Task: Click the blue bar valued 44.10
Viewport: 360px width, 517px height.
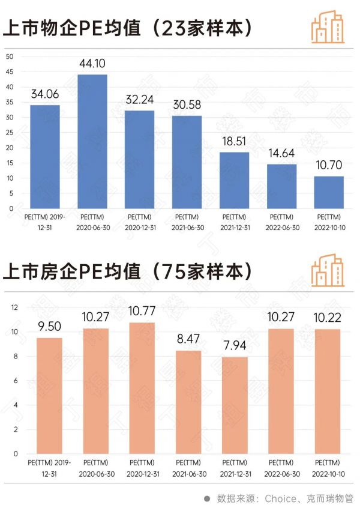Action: coord(92,141)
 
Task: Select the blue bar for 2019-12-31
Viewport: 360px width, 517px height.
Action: coord(45,156)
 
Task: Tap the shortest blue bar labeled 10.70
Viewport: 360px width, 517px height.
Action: coord(328,192)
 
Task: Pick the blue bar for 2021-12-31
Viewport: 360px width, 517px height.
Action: coord(234,180)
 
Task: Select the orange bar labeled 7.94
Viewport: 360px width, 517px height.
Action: coord(235,405)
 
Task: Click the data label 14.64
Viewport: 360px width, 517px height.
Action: coord(281,154)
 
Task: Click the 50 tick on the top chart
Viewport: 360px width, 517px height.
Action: coord(9,56)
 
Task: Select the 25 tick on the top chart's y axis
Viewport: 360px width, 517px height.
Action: coord(9,132)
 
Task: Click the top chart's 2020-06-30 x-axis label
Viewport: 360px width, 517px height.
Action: coord(92,222)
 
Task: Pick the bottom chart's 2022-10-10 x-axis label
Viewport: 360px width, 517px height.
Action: coord(328,467)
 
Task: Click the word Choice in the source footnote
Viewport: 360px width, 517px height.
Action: coord(280,498)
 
